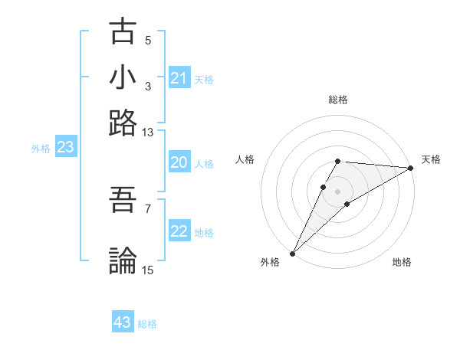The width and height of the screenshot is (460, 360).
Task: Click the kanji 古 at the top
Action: tap(123, 32)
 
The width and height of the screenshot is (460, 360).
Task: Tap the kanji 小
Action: tap(123, 77)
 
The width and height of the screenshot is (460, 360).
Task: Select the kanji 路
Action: tap(123, 123)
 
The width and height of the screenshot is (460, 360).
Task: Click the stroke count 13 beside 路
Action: tap(148, 133)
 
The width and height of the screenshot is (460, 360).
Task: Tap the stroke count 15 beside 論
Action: tap(148, 270)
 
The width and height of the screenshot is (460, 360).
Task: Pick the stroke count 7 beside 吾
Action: tap(148, 208)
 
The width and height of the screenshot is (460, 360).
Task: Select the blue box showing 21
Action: tap(179, 78)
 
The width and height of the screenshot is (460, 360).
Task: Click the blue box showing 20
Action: tap(179, 162)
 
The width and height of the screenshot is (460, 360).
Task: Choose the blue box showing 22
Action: tap(179, 231)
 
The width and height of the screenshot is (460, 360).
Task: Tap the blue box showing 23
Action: tap(65, 147)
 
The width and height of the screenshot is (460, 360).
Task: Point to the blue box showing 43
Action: tap(123, 322)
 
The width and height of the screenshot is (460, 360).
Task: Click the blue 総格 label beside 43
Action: tap(147, 324)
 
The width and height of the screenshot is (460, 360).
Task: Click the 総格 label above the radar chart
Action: tap(338, 100)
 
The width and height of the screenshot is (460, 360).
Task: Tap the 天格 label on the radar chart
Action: tap(431, 159)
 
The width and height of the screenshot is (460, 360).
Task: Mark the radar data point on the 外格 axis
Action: tap(292, 254)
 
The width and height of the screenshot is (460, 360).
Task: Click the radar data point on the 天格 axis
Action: tap(411, 168)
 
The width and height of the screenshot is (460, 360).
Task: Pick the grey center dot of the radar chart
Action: tap(338, 191)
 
